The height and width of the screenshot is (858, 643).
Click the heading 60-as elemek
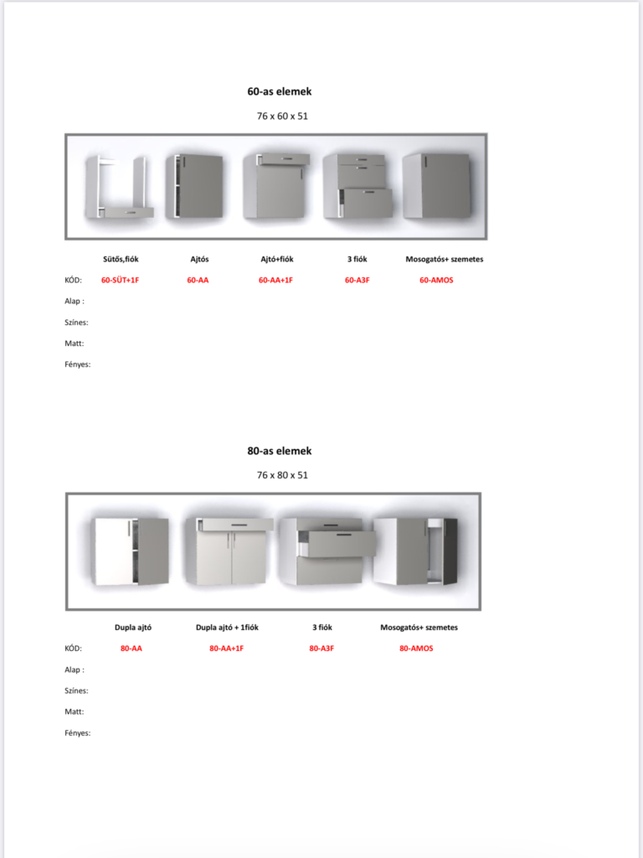[x=280, y=91]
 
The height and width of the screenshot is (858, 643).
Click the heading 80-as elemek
[x=280, y=451]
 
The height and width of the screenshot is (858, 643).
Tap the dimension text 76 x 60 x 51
[x=282, y=116]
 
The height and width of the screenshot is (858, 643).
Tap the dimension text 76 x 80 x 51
[x=282, y=475]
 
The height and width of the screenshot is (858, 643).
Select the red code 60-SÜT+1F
[x=120, y=280]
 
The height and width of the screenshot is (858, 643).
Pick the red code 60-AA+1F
[x=275, y=280]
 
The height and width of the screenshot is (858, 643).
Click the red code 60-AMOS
[x=436, y=280]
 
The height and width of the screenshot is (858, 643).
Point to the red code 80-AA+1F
[x=226, y=649]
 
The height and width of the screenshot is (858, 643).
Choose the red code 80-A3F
[x=321, y=649]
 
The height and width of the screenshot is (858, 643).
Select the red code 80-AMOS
[x=417, y=649]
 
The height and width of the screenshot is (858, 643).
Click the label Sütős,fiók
[x=120, y=259]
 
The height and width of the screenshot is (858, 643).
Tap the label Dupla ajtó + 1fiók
[x=227, y=627]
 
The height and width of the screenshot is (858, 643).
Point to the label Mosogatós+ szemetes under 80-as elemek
[x=419, y=627]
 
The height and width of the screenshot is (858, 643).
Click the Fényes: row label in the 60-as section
[x=78, y=364]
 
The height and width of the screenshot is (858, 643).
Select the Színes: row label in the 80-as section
[x=76, y=690]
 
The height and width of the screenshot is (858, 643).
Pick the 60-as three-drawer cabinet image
[x=358, y=186]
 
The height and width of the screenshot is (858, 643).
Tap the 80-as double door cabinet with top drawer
[x=229, y=551]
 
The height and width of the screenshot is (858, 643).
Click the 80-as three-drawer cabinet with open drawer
[x=328, y=551]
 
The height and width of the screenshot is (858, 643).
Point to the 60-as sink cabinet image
[x=436, y=186]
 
